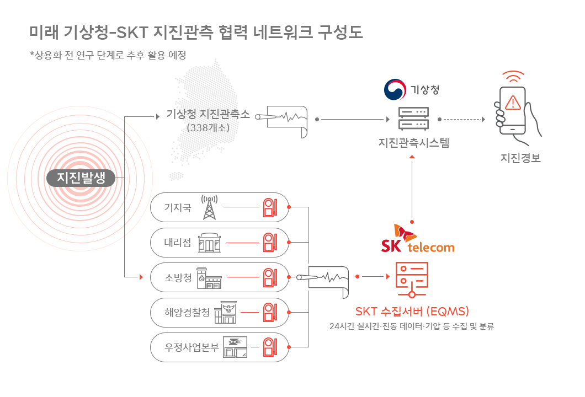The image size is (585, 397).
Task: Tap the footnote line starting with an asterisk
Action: (105, 55)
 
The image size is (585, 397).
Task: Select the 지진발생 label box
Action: (81, 178)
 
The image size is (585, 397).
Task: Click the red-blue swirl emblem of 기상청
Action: (395, 90)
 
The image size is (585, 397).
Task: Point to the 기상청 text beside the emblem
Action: (424, 90)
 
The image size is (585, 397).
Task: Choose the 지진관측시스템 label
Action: (414, 143)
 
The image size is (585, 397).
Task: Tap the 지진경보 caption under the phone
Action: (519, 158)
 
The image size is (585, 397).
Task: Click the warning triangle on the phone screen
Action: (513, 102)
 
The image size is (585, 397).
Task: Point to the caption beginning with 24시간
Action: (408, 326)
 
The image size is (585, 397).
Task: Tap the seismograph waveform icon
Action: (322, 282)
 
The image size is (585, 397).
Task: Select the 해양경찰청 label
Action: (186, 313)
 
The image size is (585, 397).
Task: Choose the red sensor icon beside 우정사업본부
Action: (269, 347)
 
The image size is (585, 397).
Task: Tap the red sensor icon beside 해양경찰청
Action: (269, 313)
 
